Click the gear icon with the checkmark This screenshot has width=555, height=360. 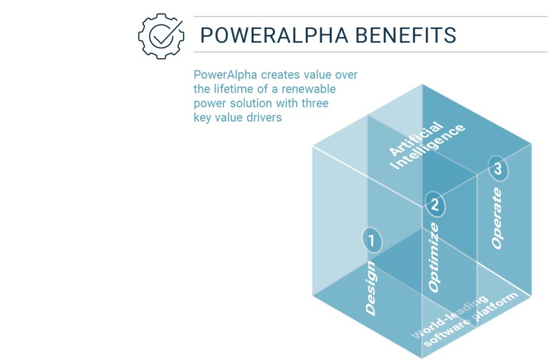(x=161, y=34)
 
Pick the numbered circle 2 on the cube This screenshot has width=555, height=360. (x=434, y=205)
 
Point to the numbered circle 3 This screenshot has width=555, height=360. (x=498, y=169)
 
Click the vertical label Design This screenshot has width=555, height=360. (x=371, y=288)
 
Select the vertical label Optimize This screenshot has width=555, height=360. (x=433, y=258)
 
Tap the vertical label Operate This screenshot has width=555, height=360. (x=497, y=219)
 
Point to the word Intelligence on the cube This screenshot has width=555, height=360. (x=428, y=146)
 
